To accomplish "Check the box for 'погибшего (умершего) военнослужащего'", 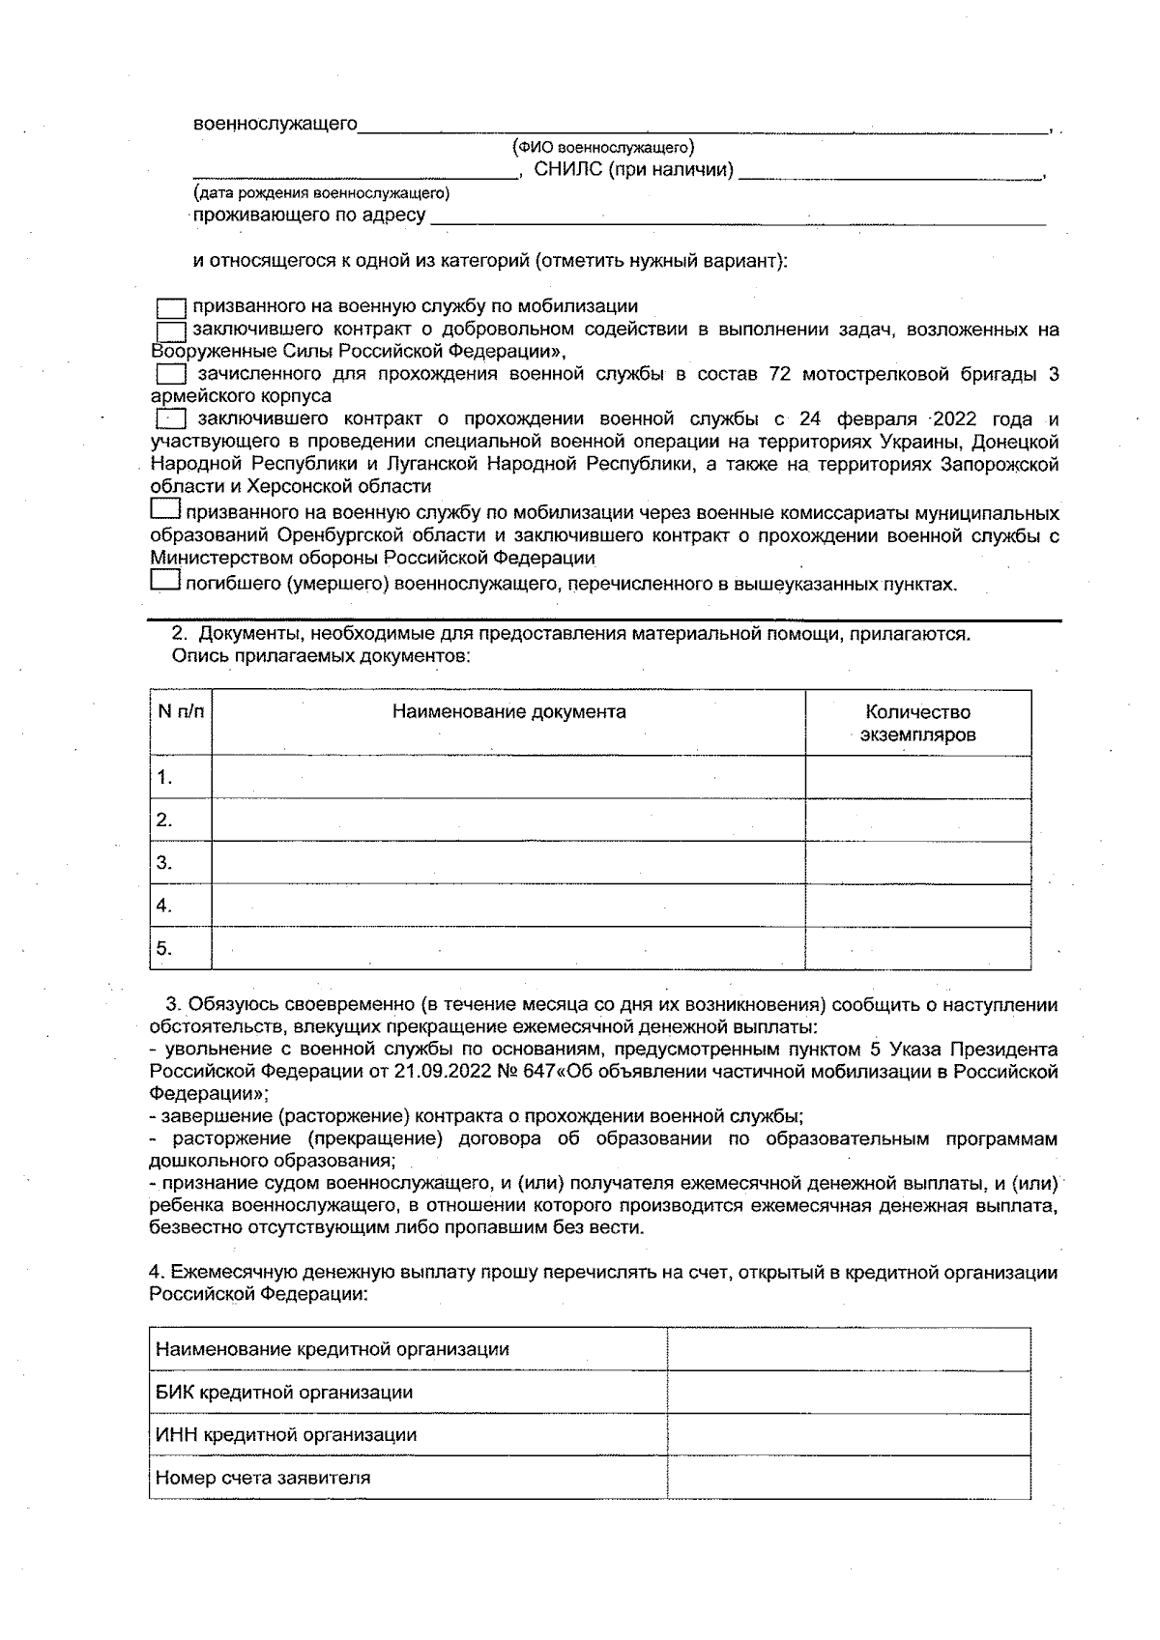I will pyautogui.click(x=165, y=581).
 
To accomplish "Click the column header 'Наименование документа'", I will pyautogui.click(x=508, y=712).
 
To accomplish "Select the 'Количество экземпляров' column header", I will pyautogui.click(x=917, y=723).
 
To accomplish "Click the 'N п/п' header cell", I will pyautogui.click(x=181, y=712).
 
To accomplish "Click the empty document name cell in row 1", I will pyautogui.click(x=508, y=777).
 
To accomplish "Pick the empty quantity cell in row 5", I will pyautogui.click(x=917, y=948).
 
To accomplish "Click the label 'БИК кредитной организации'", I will pyautogui.click(x=284, y=1392).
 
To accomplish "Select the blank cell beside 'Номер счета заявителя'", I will pyautogui.click(x=848, y=1478).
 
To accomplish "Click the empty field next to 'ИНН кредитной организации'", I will pyautogui.click(x=848, y=1435).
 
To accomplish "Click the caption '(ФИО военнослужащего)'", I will pyautogui.click(x=603, y=148).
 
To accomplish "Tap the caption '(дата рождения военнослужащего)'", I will pyautogui.click(x=321, y=193).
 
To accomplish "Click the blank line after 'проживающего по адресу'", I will pyautogui.click(x=737, y=216).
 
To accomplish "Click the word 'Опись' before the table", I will pyautogui.click(x=195, y=656).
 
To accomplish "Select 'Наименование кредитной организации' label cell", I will pyautogui.click(x=333, y=1349).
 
